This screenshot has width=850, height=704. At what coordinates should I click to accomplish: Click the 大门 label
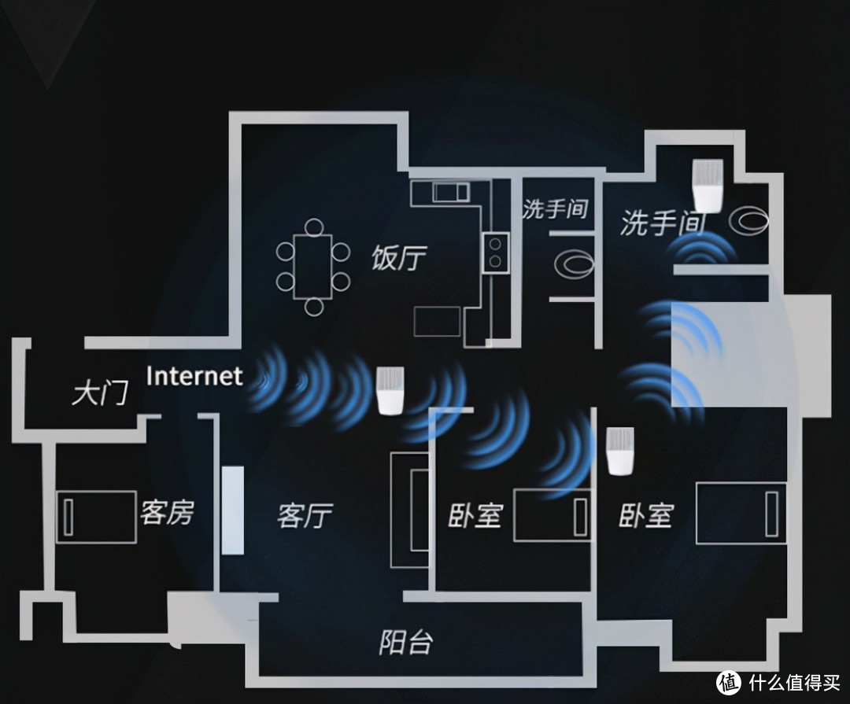[99, 393]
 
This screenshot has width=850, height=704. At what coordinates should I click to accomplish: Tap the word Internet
[194, 376]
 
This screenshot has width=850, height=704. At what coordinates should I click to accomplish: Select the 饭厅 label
[399, 257]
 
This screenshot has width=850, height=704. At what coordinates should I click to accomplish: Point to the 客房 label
[166, 514]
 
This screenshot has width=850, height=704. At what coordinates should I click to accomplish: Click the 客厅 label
[305, 516]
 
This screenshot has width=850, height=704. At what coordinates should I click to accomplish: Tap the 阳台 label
[405, 642]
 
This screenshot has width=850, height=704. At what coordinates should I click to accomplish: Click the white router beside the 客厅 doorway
[388, 391]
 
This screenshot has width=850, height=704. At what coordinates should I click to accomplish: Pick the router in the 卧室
[620, 451]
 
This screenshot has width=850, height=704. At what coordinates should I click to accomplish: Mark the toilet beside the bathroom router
[748, 221]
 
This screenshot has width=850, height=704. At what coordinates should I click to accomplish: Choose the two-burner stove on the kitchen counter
[496, 251]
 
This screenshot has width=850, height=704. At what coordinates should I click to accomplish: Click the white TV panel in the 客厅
[233, 511]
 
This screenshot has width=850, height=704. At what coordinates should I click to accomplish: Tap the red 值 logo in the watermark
[728, 681]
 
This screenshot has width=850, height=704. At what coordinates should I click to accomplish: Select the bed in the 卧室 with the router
[741, 514]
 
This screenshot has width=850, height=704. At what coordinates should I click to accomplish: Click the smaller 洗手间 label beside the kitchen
[555, 209]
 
